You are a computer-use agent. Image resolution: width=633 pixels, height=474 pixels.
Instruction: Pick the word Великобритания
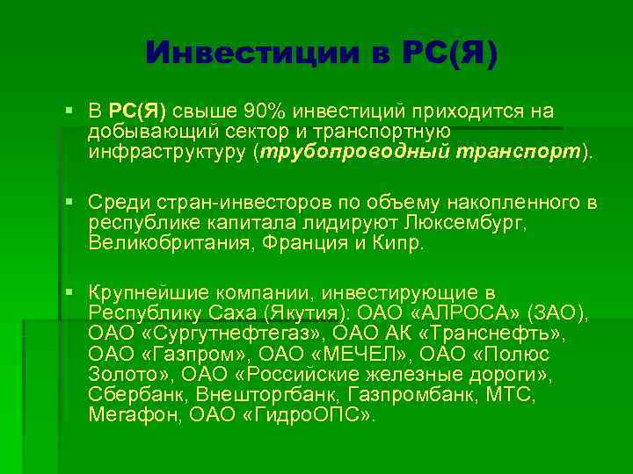[163, 243]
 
